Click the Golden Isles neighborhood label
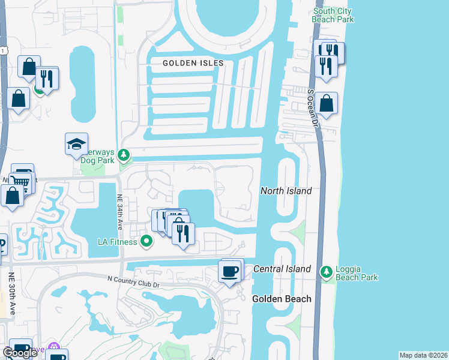tap(193, 63)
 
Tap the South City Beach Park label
tap(333, 15)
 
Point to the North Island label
tap(286, 191)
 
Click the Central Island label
tap(282, 269)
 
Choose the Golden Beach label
tap(282, 299)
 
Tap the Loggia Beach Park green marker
tap(327, 272)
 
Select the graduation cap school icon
tap(77, 144)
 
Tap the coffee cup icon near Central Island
tap(229, 272)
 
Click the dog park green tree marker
tap(124, 156)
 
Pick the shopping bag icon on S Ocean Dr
tap(327, 103)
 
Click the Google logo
tap(20, 353)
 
